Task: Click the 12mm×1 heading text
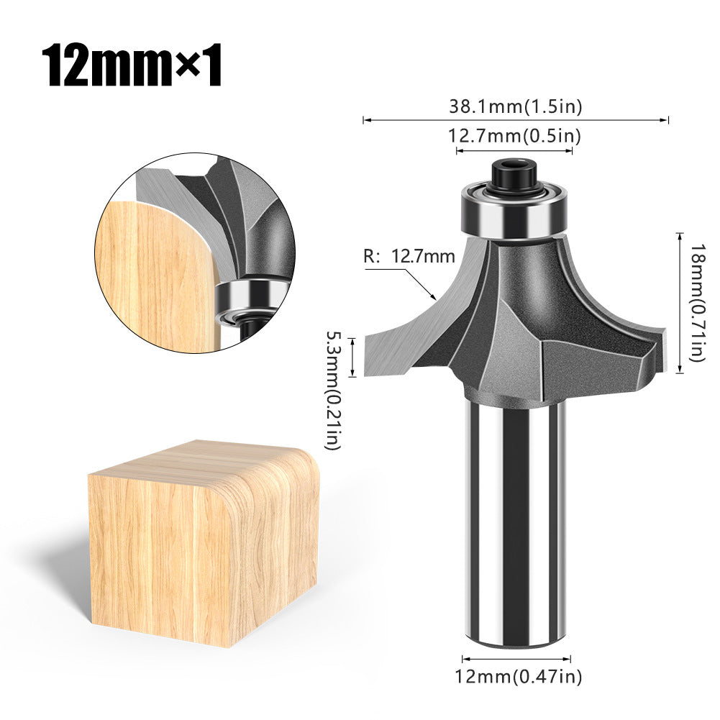(x=131, y=66)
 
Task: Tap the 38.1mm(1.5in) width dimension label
(x=515, y=106)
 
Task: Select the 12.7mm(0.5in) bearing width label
(x=515, y=135)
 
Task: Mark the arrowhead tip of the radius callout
(x=436, y=298)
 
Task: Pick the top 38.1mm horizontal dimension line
(x=515, y=120)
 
